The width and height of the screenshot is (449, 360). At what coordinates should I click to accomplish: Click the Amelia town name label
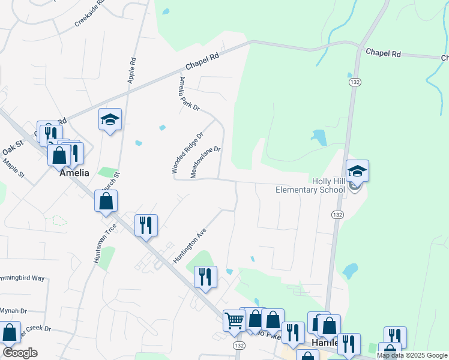click(x=74, y=173)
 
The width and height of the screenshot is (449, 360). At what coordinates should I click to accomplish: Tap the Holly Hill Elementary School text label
click(x=310, y=185)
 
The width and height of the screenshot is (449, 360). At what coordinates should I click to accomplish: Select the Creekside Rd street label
click(x=89, y=13)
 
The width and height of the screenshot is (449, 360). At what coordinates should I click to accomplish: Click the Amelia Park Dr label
click(x=188, y=94)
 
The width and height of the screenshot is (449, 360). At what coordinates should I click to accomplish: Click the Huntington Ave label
click(x=189, y=244)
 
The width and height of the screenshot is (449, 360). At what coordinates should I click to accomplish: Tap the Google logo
click(x=20, y=353)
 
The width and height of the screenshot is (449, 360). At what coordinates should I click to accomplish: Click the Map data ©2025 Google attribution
click(x=412, y=355)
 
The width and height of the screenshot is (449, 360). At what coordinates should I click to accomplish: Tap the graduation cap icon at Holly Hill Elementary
click(x=357, y=171)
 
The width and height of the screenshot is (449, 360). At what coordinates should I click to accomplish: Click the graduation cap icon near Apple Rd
click(x=110, y=119)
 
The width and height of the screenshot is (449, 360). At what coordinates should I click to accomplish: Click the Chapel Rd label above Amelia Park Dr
click(x=200, y=62)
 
